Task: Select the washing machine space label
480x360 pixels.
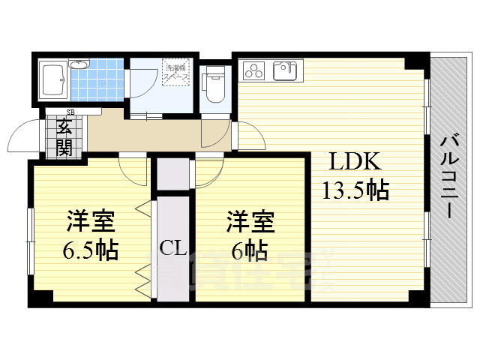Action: click(x=177, y=73)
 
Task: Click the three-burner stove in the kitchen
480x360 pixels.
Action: click(x=255, y=71)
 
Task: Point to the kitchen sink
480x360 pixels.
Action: click(x=284, y=71)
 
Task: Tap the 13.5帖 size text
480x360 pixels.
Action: click(x=355, y=190)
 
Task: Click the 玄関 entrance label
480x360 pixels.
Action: click(x=64, y=136)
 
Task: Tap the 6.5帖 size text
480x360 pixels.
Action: click(x=90, y=250)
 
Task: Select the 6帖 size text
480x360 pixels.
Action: click(x=248, y=250)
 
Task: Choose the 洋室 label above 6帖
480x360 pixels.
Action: click(x=250, y=222)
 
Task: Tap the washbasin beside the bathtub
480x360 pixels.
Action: click(x=78, y=65)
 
